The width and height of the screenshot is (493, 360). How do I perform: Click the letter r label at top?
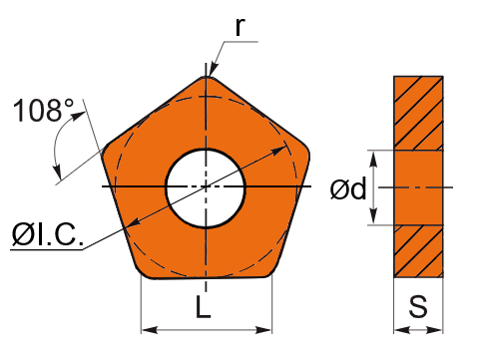240,27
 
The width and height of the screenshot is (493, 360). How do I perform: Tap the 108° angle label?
43,110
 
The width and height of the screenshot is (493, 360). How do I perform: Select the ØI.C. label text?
47,234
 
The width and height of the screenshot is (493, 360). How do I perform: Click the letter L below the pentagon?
204,306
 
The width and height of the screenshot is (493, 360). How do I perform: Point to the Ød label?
348,188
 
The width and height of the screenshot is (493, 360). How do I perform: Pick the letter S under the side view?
418,306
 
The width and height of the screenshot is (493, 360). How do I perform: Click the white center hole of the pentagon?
206,188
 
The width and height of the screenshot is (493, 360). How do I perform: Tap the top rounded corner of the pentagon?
207,79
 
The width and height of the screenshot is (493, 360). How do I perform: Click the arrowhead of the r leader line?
214,71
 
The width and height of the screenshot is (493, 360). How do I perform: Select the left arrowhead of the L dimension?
149,330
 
